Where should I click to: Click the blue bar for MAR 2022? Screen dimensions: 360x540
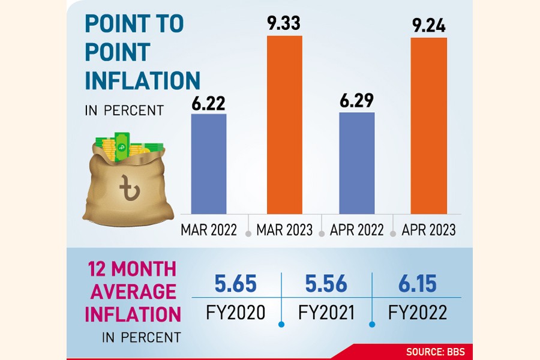(x=208, y=163)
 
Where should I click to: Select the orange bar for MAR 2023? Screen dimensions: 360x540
(x=285, y=125)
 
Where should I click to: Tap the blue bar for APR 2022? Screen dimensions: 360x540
(x=356, y=163)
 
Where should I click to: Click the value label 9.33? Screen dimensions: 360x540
(x=285, y=25)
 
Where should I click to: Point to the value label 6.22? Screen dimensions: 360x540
(x=208, y=103)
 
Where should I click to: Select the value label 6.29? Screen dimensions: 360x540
(x=356, y=101)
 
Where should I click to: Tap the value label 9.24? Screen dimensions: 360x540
(x=428, y=26)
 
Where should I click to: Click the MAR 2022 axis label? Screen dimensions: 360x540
(x=209, y=230)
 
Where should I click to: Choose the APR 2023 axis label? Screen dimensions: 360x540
(x=428, y=230)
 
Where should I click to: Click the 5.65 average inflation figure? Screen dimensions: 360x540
(x=236, y=284)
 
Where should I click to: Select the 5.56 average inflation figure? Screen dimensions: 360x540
(x=326, y=284)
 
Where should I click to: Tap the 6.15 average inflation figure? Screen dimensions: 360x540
(x=416, y=284)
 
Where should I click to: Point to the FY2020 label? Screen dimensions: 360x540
(x=236, y=313)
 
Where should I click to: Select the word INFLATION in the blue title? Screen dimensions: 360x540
(x=142, y=80)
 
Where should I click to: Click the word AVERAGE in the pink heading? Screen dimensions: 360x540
(x=130, y=292)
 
